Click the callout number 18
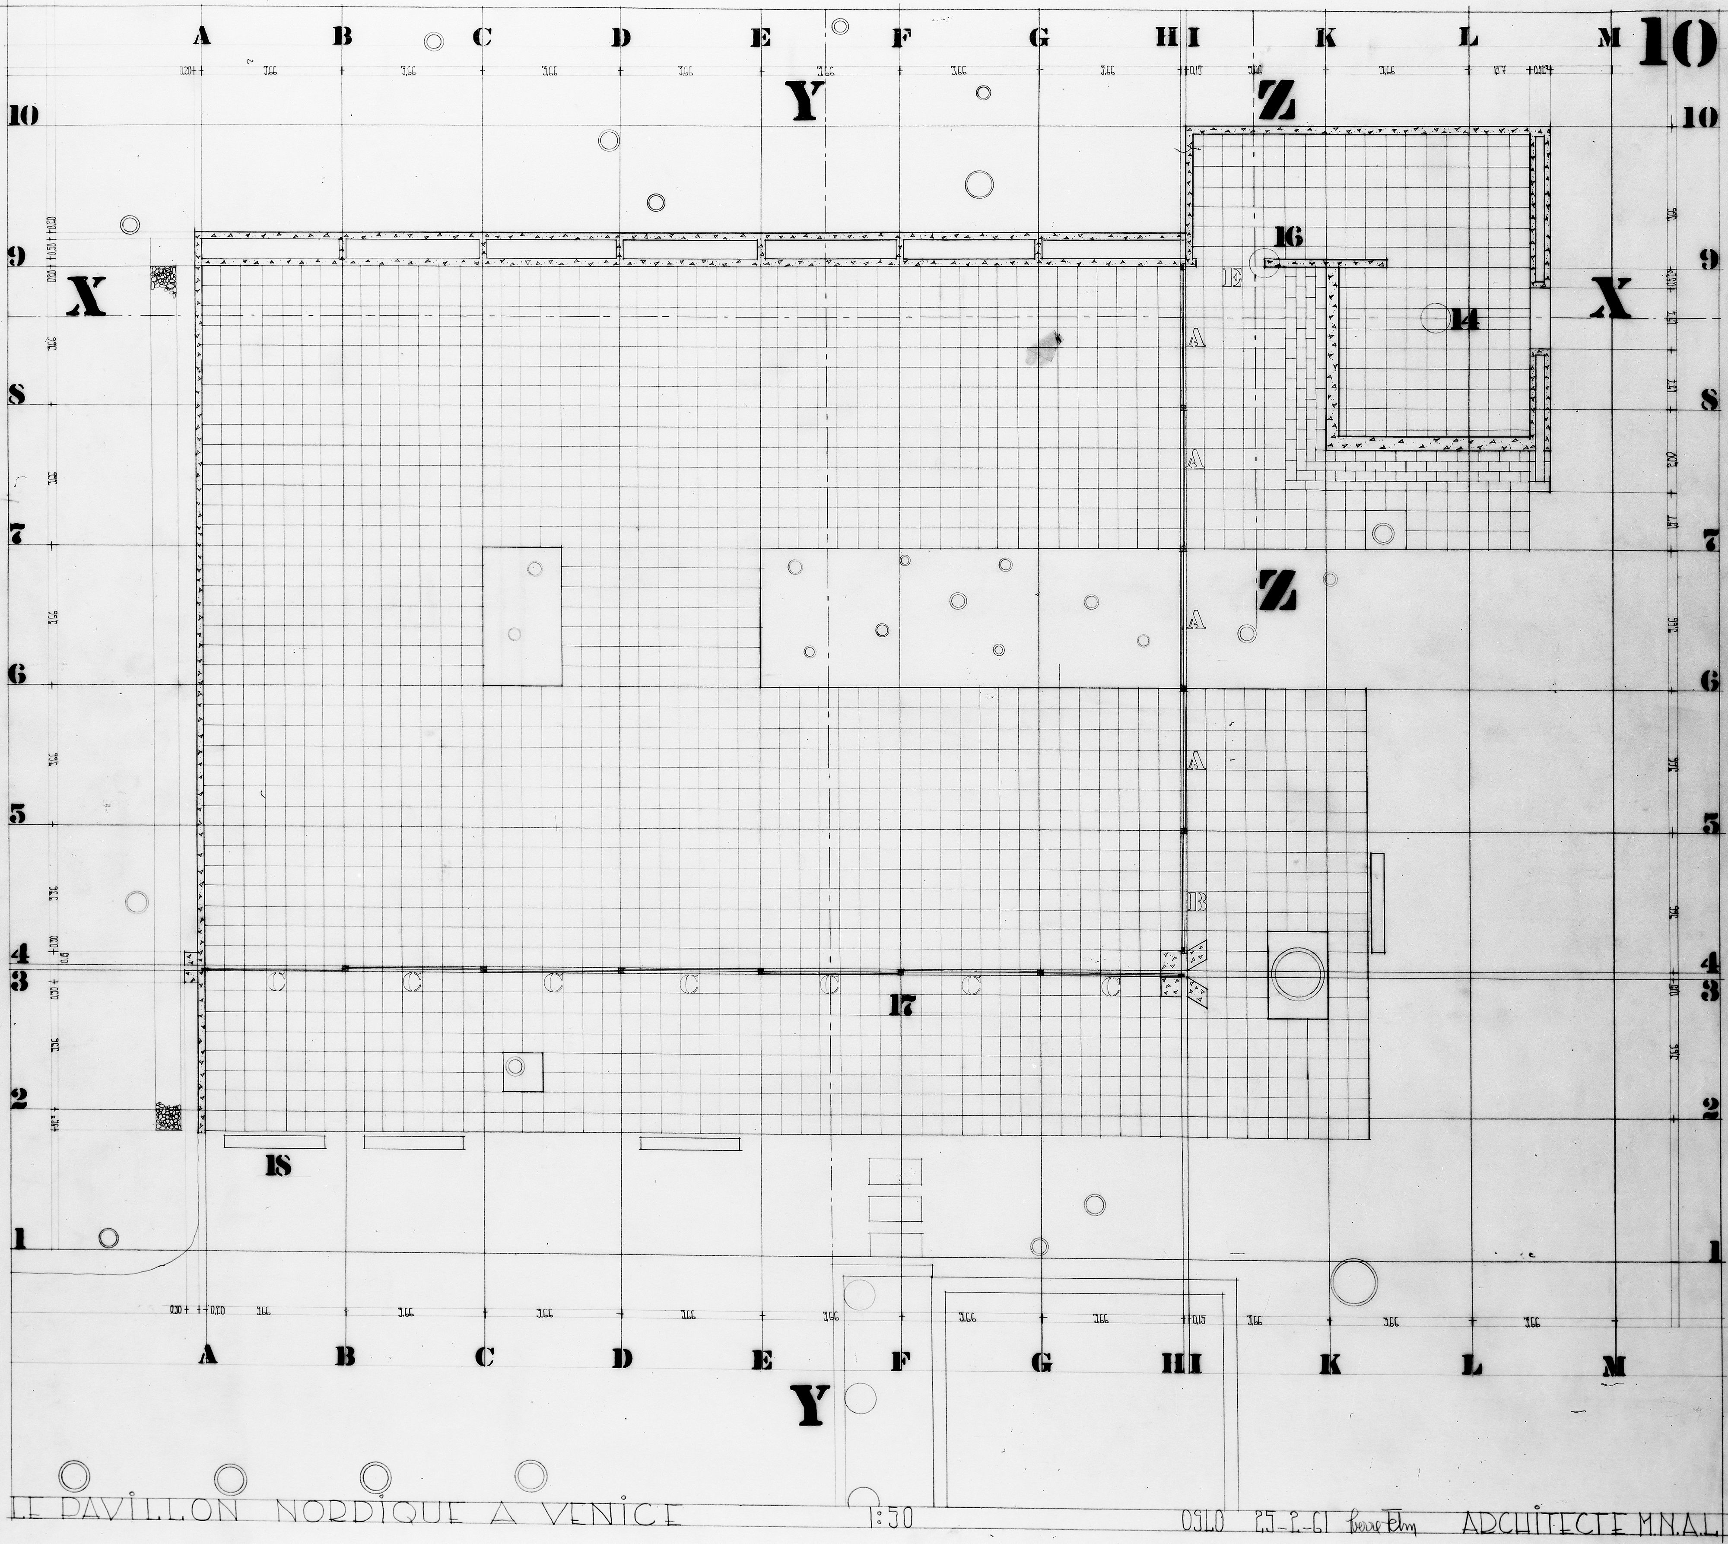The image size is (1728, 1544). coord(277,1166)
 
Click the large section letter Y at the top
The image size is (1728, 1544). coord(805,103)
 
